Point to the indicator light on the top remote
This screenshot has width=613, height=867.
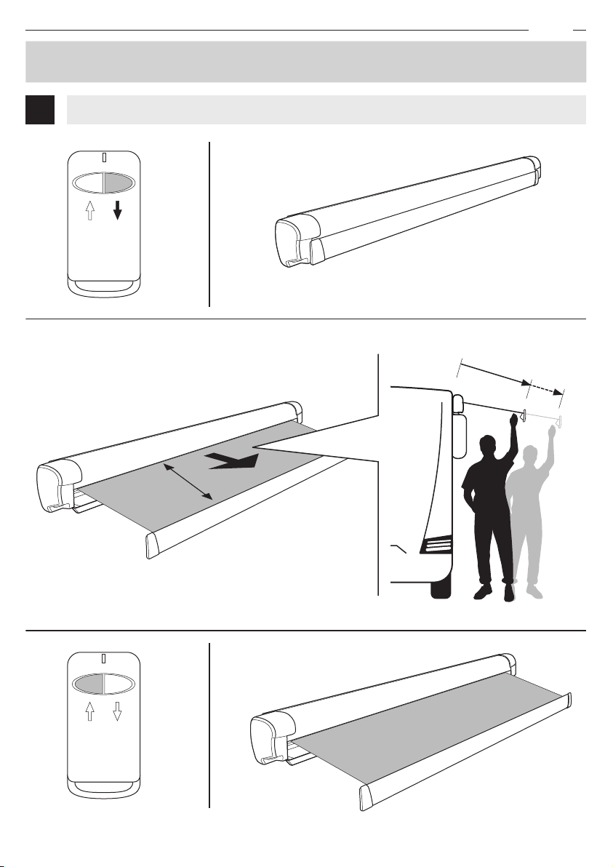tap(104, 158)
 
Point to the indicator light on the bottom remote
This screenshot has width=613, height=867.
tap(104, 658)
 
